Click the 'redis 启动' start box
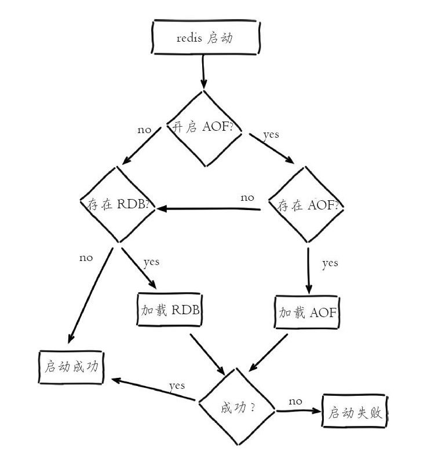pos(205,37)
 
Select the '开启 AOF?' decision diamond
pos(204,128)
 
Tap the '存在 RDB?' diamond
pos(118,204)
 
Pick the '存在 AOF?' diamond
pos(306,204)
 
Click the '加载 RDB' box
pos(170,310)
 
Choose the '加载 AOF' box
pos(307,312)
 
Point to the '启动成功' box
pos(71,367)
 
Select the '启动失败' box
pos(355,411)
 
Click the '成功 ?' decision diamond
pos(237,407)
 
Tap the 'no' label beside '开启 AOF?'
pos(144,130)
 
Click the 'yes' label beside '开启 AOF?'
pos(271,135)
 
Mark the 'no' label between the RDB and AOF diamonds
pos(247,198)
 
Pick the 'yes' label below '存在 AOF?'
pos(330,264)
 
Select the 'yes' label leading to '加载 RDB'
pos(151,263)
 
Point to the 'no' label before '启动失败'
pos(295,402)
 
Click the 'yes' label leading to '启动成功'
pos(177,387)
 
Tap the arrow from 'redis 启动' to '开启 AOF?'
pos(203,72)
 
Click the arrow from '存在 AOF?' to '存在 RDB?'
pos(209,209)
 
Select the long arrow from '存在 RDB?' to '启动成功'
pos(90,296)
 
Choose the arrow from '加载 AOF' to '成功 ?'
pos(268,352)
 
